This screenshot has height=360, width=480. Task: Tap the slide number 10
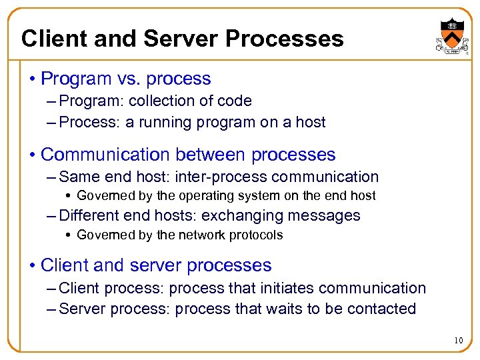458,341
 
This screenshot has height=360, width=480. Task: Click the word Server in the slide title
175,39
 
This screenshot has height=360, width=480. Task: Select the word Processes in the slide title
285,39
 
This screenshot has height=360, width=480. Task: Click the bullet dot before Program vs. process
31,79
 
